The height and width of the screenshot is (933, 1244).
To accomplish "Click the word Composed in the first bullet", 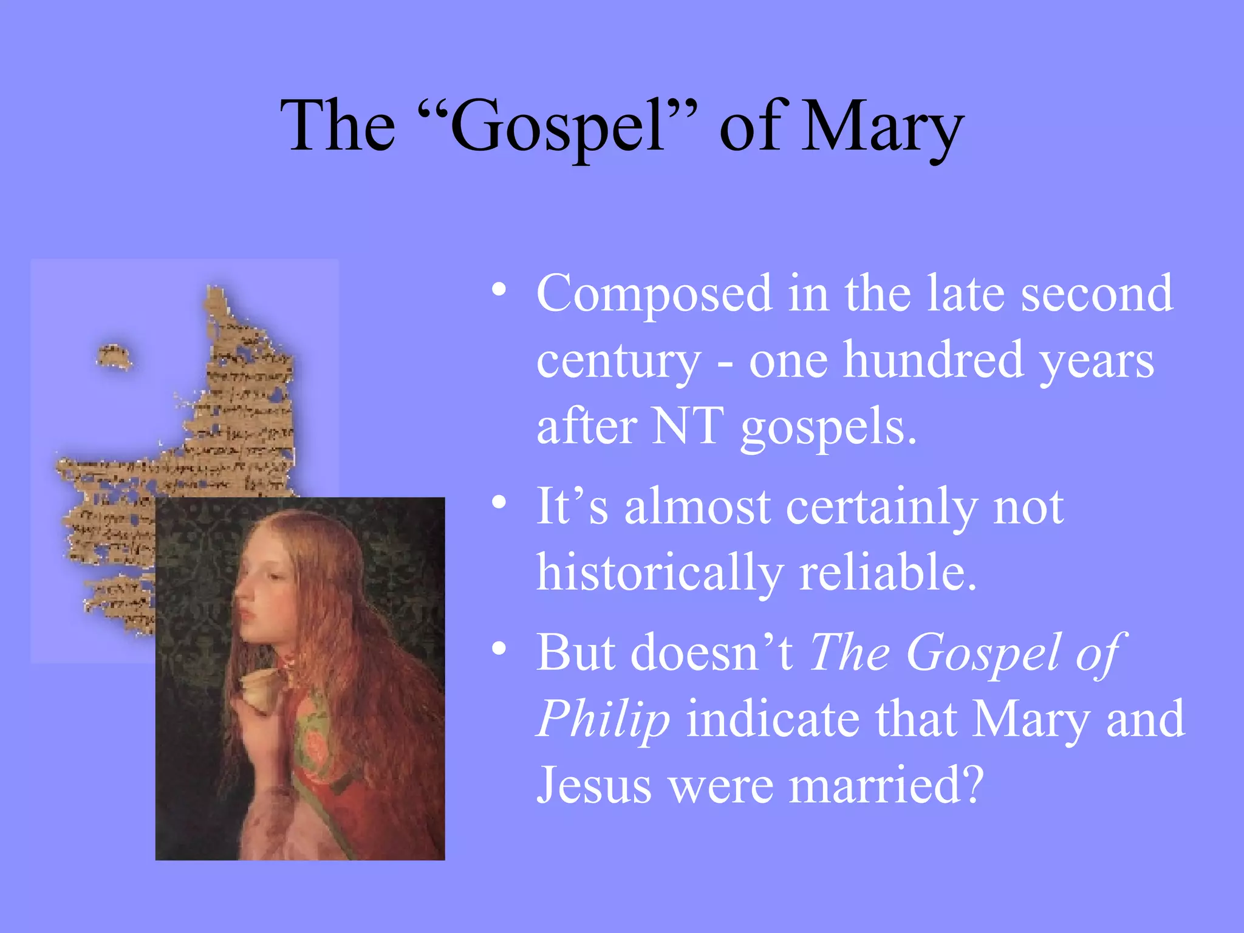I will [654, 294].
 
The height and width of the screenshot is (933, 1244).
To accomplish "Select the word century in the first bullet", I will [618, 361].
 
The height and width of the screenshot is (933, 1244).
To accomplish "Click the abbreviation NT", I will [688, 426].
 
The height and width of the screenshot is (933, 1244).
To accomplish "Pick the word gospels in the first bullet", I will [828, 427].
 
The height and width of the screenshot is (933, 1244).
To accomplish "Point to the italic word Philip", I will [603, 719].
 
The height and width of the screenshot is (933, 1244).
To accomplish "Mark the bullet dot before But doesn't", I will [499, 649].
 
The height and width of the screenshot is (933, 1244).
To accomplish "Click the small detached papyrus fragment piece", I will [114, 357].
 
